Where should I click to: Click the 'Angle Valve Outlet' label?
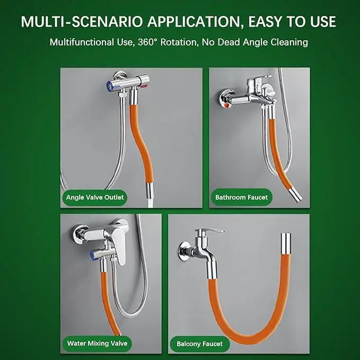[x=94, y=197]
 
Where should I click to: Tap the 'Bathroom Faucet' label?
[x=241, y=197]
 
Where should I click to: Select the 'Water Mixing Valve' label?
[x=97, y=344]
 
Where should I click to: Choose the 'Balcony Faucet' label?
[x=199, y=344]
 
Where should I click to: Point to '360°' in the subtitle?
[x=148, y=42]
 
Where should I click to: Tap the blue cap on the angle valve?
[x=110, y=86]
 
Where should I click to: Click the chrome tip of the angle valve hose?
[x=150, y=190]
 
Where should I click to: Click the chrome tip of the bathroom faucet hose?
[x=295, y=195]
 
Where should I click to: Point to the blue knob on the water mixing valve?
[x=93, y=256]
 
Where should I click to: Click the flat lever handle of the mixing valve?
[x=119, y=249]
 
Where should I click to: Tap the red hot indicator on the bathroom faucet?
[x=227, y=106]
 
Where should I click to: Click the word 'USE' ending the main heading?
[x=323, y=21]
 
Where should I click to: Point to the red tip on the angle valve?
[x=145, y=86]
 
